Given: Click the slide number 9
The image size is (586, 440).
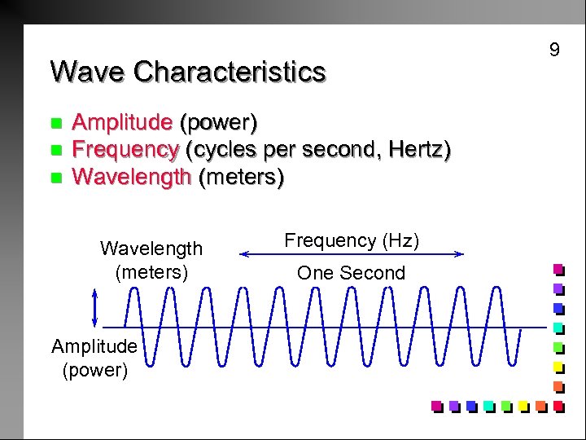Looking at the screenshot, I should pyautogui.click(x=554, y=51).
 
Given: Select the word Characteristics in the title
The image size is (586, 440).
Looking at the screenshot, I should pyautogui.click(x=230, y=72).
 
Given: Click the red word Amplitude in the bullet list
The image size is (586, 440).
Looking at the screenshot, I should pyautogui.click(x=122, y=123).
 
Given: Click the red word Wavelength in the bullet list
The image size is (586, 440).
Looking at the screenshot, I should pyautogui.click(x=131, y=177).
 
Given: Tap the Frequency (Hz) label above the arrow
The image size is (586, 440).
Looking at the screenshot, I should pyautogui.click(x=352, y=240).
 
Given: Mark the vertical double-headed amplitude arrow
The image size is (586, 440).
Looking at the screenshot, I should pyautogui.click(x=96, y=311).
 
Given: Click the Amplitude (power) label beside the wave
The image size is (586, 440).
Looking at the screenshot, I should pyautogui.click(x=94, y=359).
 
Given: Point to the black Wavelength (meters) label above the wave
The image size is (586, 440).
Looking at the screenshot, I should pyautogui.click(x=151, y=259).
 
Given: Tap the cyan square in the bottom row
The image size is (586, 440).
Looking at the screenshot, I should pyautogui.click(x=488, y=405).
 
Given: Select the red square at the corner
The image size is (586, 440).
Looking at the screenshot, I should pyautogui.click(x=558, y=405).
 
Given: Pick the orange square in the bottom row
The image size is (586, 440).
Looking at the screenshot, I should pyautogui.click(x=540, y=405).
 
